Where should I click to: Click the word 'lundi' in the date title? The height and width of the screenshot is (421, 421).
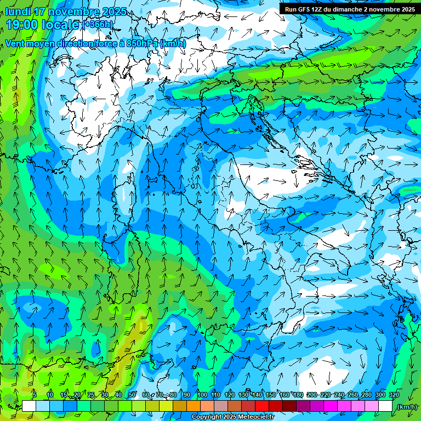tap(18, 12)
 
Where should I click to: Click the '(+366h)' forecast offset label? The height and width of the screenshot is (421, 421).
tap(99, 24)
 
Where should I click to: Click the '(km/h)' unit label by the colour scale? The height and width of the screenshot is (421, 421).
tap(406, 406)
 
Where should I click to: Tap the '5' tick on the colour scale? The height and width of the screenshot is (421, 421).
tap(34, 395)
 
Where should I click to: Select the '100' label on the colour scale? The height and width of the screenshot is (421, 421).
tap(202, 395)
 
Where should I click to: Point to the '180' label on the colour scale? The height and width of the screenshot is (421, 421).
tap(298, 395)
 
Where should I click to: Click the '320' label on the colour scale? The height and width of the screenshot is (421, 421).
tap(394, 395)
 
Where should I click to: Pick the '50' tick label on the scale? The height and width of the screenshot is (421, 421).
tap(132, 395)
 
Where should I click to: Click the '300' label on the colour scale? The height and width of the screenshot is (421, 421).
tap(380, 395)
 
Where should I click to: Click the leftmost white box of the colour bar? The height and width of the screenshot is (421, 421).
tap(29, 406)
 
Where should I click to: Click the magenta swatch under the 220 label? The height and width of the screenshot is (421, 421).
tap(331, 406)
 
